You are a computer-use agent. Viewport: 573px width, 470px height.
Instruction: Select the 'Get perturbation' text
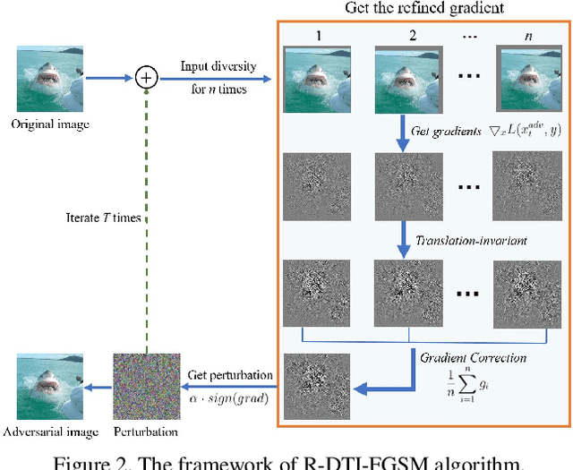228,375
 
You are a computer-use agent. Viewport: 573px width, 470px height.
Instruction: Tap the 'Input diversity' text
218,67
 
